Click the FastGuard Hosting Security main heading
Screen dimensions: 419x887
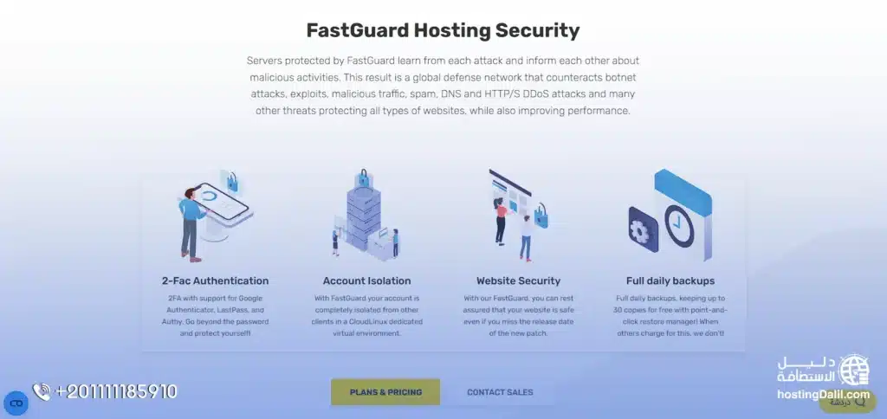443,30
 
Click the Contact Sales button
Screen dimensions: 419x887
500,392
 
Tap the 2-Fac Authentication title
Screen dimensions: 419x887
215,280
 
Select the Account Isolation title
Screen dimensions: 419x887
366,280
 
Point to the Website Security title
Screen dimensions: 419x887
518,280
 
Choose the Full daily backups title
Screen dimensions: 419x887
670,280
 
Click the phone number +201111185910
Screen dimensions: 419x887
116,391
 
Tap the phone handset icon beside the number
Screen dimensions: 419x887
41,392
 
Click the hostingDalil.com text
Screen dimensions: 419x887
822,395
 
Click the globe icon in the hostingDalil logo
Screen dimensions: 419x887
854,370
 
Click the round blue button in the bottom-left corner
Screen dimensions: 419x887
16,403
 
